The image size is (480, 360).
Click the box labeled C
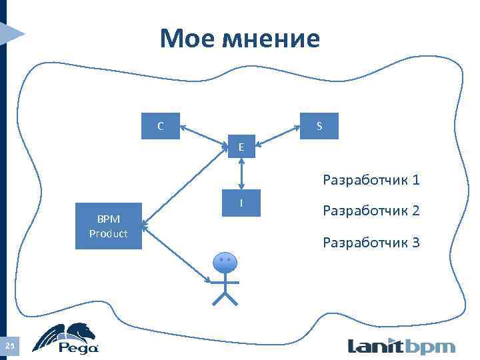[x=161, y=125]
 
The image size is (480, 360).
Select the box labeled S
[x=319, y=125]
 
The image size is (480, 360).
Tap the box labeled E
[x=241, y=146]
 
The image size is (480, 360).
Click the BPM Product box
[x=109, y=226]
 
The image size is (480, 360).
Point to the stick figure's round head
[x=225, y=263]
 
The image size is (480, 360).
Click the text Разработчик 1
[x=371, y=180]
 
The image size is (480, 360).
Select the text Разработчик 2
[x=371, y=211]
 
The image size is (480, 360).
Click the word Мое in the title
[x=185, y=38]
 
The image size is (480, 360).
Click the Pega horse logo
[x=67, y=339]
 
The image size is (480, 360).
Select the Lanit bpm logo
[x=401, y=346]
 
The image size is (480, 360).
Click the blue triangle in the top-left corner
[x=12, y=31]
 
